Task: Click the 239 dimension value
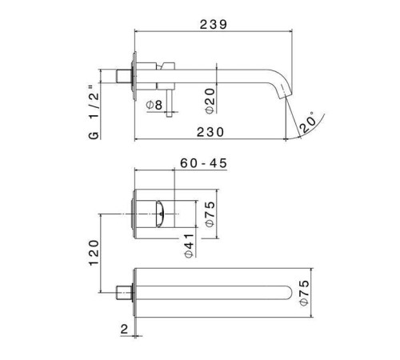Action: (x=213, y=24)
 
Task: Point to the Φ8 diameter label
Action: (x=154, y=104)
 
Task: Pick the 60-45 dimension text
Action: (x=205, y=163)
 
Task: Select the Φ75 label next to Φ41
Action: (x=210, y=214)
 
